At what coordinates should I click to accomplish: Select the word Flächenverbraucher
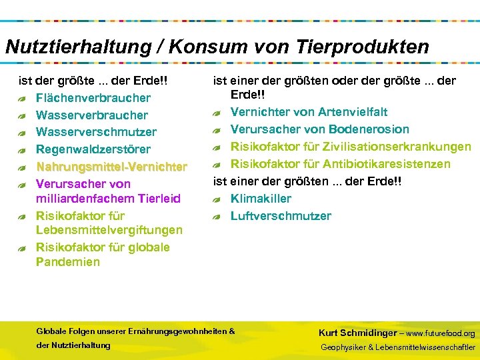pos(93,98)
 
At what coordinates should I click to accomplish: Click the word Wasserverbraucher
pos(92,115)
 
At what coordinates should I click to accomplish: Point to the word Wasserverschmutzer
pos(96,132)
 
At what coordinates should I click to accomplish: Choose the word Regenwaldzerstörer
pos(93,149)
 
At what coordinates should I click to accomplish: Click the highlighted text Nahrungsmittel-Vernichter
pos(111,166)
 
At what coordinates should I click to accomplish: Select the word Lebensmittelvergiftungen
pos(109,230)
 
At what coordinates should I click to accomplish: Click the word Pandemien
pos(68,262)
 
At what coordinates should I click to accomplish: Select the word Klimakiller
pos(261,199)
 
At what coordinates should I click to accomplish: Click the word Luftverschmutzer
pos(281,216)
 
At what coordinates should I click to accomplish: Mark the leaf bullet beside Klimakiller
pos(217,199)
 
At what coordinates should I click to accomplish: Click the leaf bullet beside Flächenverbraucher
pos(23,99)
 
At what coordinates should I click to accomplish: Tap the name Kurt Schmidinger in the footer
pos(357,333)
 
